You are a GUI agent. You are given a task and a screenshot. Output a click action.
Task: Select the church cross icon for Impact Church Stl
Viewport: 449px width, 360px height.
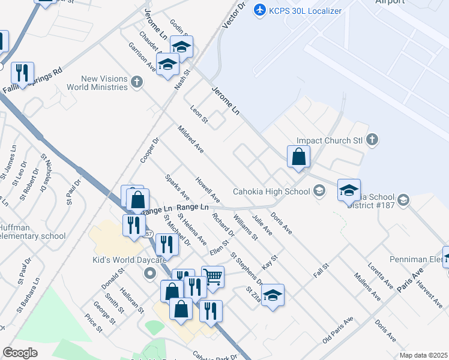[x=372, y=140]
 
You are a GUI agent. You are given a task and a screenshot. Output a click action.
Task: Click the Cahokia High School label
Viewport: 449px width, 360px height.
[x=271, y=191]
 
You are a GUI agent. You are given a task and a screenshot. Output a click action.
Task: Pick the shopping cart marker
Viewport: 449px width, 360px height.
[x=212, y=277]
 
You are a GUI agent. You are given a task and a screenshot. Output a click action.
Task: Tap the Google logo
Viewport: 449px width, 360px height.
[x=20, y=353]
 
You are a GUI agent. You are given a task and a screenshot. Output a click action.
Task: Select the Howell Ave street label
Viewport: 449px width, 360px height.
[x=208, y=190]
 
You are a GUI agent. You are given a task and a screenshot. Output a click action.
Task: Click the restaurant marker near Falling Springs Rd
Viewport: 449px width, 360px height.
[x=22, y=73]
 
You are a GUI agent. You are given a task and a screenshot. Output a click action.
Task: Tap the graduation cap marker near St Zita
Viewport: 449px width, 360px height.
[x=273, y=295]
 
